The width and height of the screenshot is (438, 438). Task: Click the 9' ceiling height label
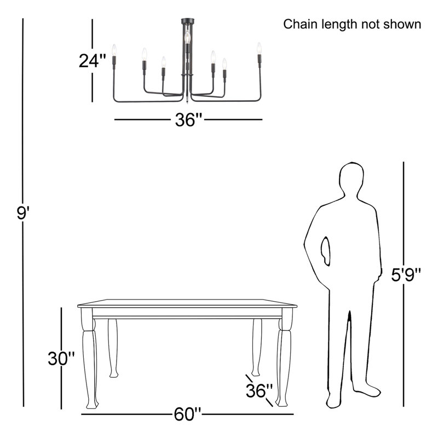[x=23, y=213]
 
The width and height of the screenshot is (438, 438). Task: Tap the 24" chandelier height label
[x=93, y=61]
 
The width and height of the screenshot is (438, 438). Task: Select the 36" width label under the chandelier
[x=188, y=119]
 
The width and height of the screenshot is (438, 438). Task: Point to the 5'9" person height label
[x=406, y=275]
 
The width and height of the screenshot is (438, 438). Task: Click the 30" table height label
[x=61, y=359]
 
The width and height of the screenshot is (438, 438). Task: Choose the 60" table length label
[x=187, y=414]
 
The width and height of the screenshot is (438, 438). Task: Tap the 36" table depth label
[x=259, y=390]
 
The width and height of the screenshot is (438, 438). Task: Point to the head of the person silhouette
[x=351, y=179]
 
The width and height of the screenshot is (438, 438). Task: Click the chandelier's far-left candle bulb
[x=114, y=50]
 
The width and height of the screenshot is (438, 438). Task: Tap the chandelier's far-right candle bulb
[x=259, y=48]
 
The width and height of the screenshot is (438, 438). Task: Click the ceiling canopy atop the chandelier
[x=188, y=21]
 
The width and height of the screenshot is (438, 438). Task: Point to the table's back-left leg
[x=113, y=348]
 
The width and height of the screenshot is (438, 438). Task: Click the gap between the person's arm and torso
[x=325, y=251]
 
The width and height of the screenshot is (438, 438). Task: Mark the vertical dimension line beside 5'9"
[x=404, y=284]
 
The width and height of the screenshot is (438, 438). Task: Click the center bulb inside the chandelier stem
[x=187, y=37]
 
